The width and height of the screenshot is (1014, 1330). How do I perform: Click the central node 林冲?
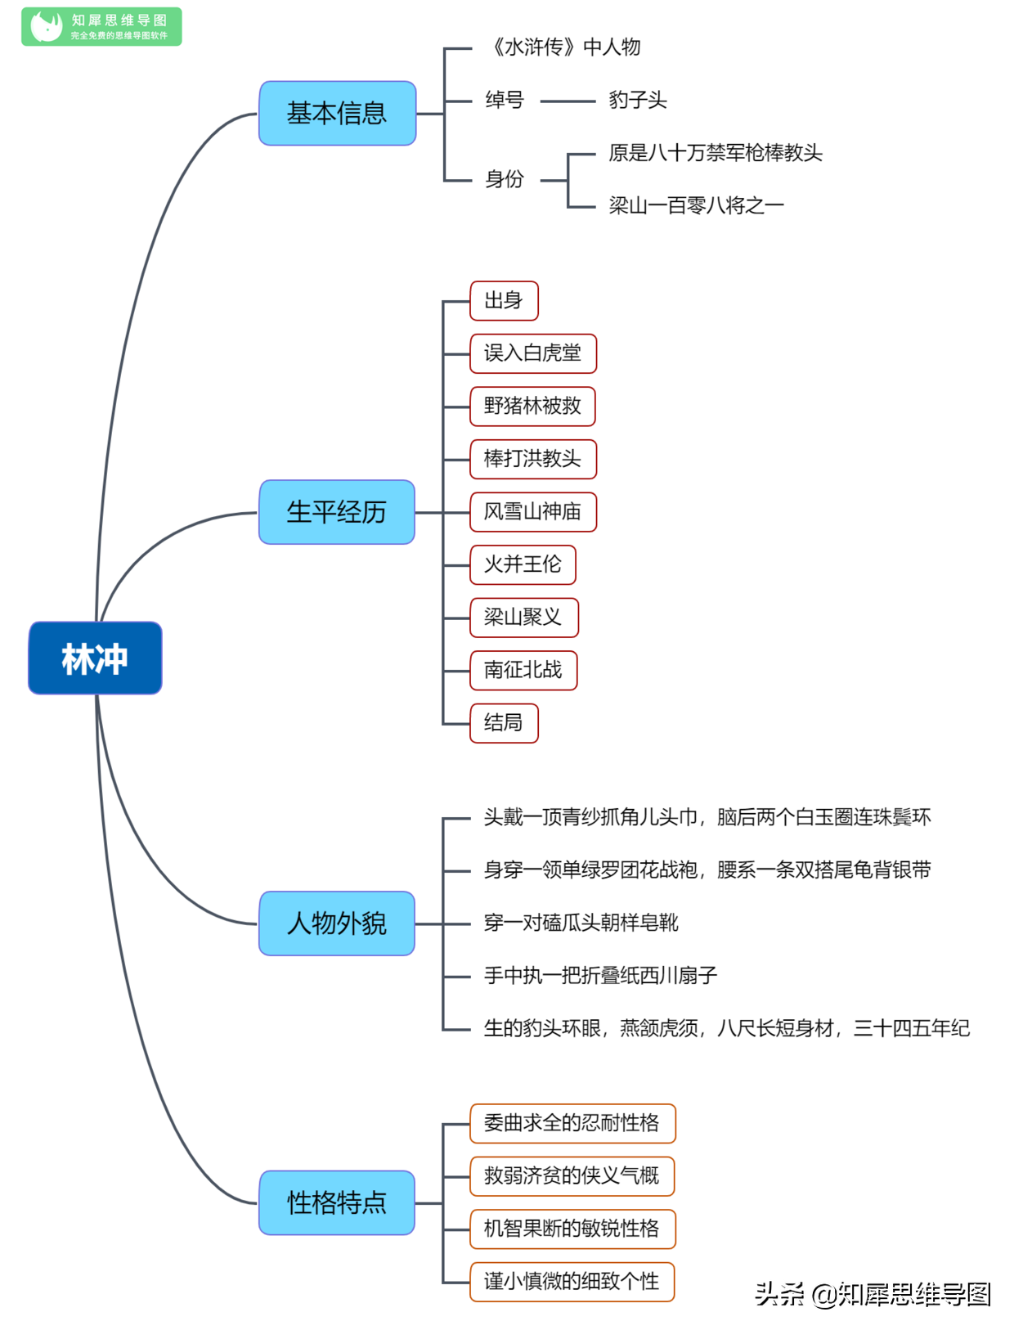95,658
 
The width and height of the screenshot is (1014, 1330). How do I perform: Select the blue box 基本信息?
338,114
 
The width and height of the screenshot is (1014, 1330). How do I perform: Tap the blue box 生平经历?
337,512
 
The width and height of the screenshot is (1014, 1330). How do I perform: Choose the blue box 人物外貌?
337,923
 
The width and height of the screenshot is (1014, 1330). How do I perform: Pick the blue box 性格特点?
337,1202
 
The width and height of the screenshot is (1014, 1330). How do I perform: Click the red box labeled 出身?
504,300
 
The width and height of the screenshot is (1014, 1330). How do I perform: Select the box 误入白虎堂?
533,353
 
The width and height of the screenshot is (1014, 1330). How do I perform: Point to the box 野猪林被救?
532,406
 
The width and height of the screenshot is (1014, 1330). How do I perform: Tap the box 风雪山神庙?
533,511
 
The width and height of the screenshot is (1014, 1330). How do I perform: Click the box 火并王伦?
523,564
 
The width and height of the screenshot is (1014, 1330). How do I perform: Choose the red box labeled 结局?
504,722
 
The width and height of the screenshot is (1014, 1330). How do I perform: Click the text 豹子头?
637,100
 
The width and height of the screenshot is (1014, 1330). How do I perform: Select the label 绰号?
504,100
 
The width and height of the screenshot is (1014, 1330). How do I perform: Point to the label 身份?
504,179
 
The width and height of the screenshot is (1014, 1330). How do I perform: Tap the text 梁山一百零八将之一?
696,205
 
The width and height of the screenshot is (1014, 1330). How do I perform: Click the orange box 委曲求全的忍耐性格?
572,1123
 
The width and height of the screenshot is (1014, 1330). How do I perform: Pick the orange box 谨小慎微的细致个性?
572,1281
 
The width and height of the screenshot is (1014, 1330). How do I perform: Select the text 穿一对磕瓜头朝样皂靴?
581,922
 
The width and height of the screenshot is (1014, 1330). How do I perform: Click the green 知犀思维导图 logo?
101,26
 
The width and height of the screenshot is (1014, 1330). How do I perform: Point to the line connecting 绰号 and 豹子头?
568,101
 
